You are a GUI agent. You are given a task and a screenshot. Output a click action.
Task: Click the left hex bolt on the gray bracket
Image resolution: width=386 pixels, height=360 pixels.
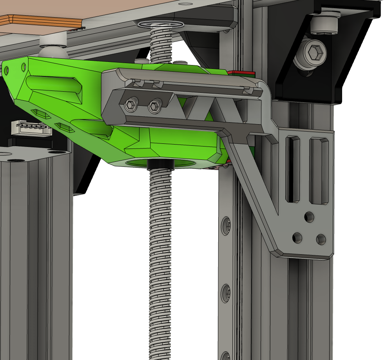coord(130,105)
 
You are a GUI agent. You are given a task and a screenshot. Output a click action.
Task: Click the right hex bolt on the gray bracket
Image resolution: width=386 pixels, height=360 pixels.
coord(154,105)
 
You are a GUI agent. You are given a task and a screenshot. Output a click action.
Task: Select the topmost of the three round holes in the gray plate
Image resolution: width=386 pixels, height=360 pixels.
coord(309,216)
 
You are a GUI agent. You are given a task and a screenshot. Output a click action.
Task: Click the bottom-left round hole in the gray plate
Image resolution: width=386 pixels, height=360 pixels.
coord(297,237)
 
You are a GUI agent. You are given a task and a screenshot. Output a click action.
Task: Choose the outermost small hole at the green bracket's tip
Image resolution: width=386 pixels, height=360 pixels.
coord(6,71)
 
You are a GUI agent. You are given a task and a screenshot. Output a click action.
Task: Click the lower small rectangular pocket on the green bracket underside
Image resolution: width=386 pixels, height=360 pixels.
coord(63,127)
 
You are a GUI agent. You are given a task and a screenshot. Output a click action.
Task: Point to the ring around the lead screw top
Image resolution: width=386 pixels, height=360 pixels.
coord(161,25)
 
